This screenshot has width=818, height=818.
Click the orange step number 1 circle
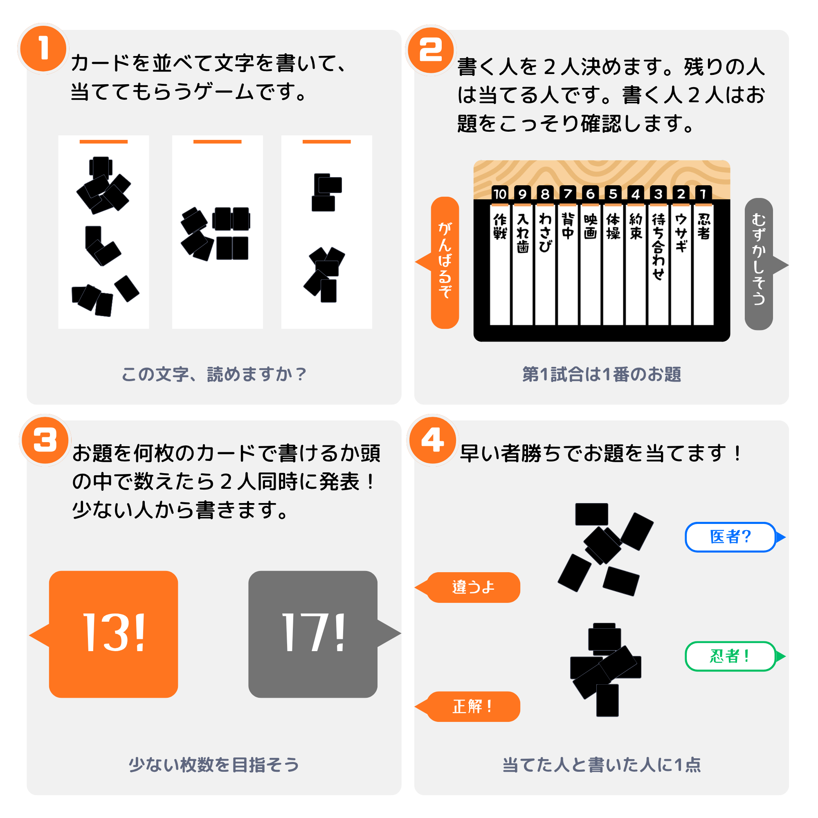click(43, 48)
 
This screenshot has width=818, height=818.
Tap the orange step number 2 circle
click(431, 50)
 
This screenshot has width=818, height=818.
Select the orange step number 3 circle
click(45, 440)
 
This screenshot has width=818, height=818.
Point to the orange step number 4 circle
click(432, 440)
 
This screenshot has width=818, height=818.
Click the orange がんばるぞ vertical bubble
click(443, 263)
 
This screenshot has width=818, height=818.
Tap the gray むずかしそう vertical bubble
click(762, 264)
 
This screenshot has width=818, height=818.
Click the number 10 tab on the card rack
click(500, 193)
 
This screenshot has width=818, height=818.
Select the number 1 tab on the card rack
click(703, 193)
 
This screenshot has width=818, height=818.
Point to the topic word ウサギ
click(681, 232)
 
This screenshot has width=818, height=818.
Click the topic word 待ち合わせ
click(658, 246)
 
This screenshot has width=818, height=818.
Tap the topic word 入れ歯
click(522, 232)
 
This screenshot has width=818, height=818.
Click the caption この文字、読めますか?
click(214, 374)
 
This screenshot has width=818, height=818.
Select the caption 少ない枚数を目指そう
click(214, 765)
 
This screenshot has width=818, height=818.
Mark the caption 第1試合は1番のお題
click(601, 374)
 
